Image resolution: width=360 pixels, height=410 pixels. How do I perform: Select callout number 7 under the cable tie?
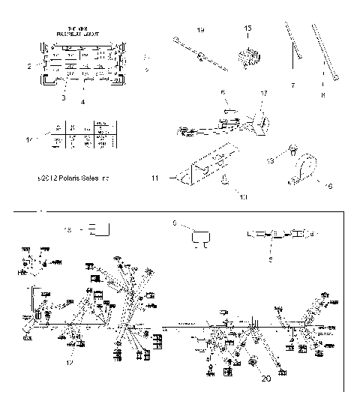click(x=292, y=85)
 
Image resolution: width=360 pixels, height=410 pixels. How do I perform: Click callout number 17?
click(x=263, y=93)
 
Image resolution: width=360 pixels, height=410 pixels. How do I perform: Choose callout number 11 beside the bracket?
click(x=175, y=179)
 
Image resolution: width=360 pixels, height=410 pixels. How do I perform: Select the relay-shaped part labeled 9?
click(x=201, y=238)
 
